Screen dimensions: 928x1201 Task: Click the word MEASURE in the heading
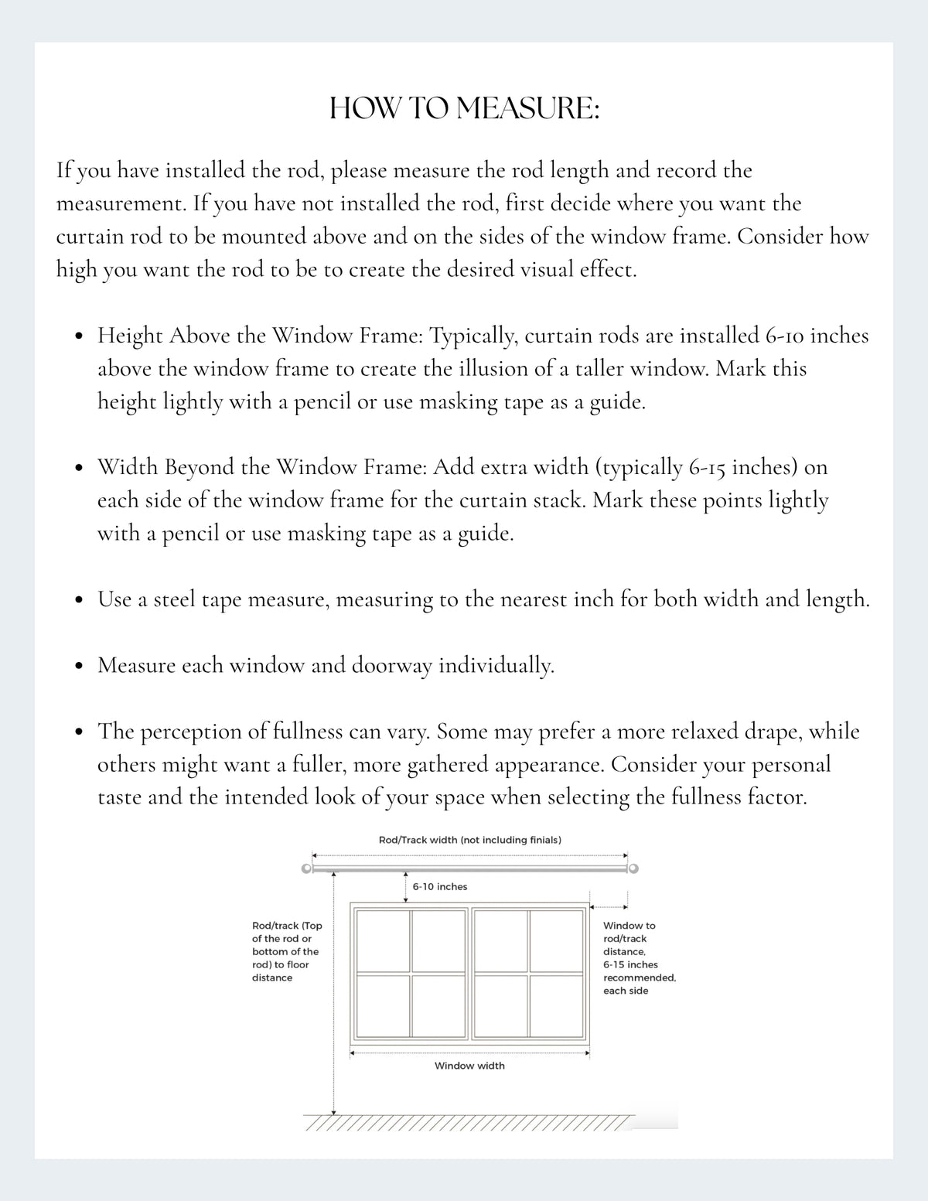(527, 108)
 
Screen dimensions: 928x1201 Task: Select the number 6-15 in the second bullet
(707, 468)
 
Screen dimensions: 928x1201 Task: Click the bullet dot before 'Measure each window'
(79, 666)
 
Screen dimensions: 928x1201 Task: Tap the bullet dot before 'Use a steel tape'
(79, 600)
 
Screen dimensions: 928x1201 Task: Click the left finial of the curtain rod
(306, 868)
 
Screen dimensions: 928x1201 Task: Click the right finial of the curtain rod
(633, 868)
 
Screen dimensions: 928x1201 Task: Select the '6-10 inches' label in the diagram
(440, 886)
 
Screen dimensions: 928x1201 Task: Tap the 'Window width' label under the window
(469, 1066)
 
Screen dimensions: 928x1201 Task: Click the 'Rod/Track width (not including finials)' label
(470, 840)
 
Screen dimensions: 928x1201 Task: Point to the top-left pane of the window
(383, 940)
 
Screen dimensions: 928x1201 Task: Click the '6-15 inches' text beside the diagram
(630, 964)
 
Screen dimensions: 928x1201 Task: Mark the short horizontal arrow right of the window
(609, 907)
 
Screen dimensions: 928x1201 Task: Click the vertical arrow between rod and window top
(406, 888)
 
